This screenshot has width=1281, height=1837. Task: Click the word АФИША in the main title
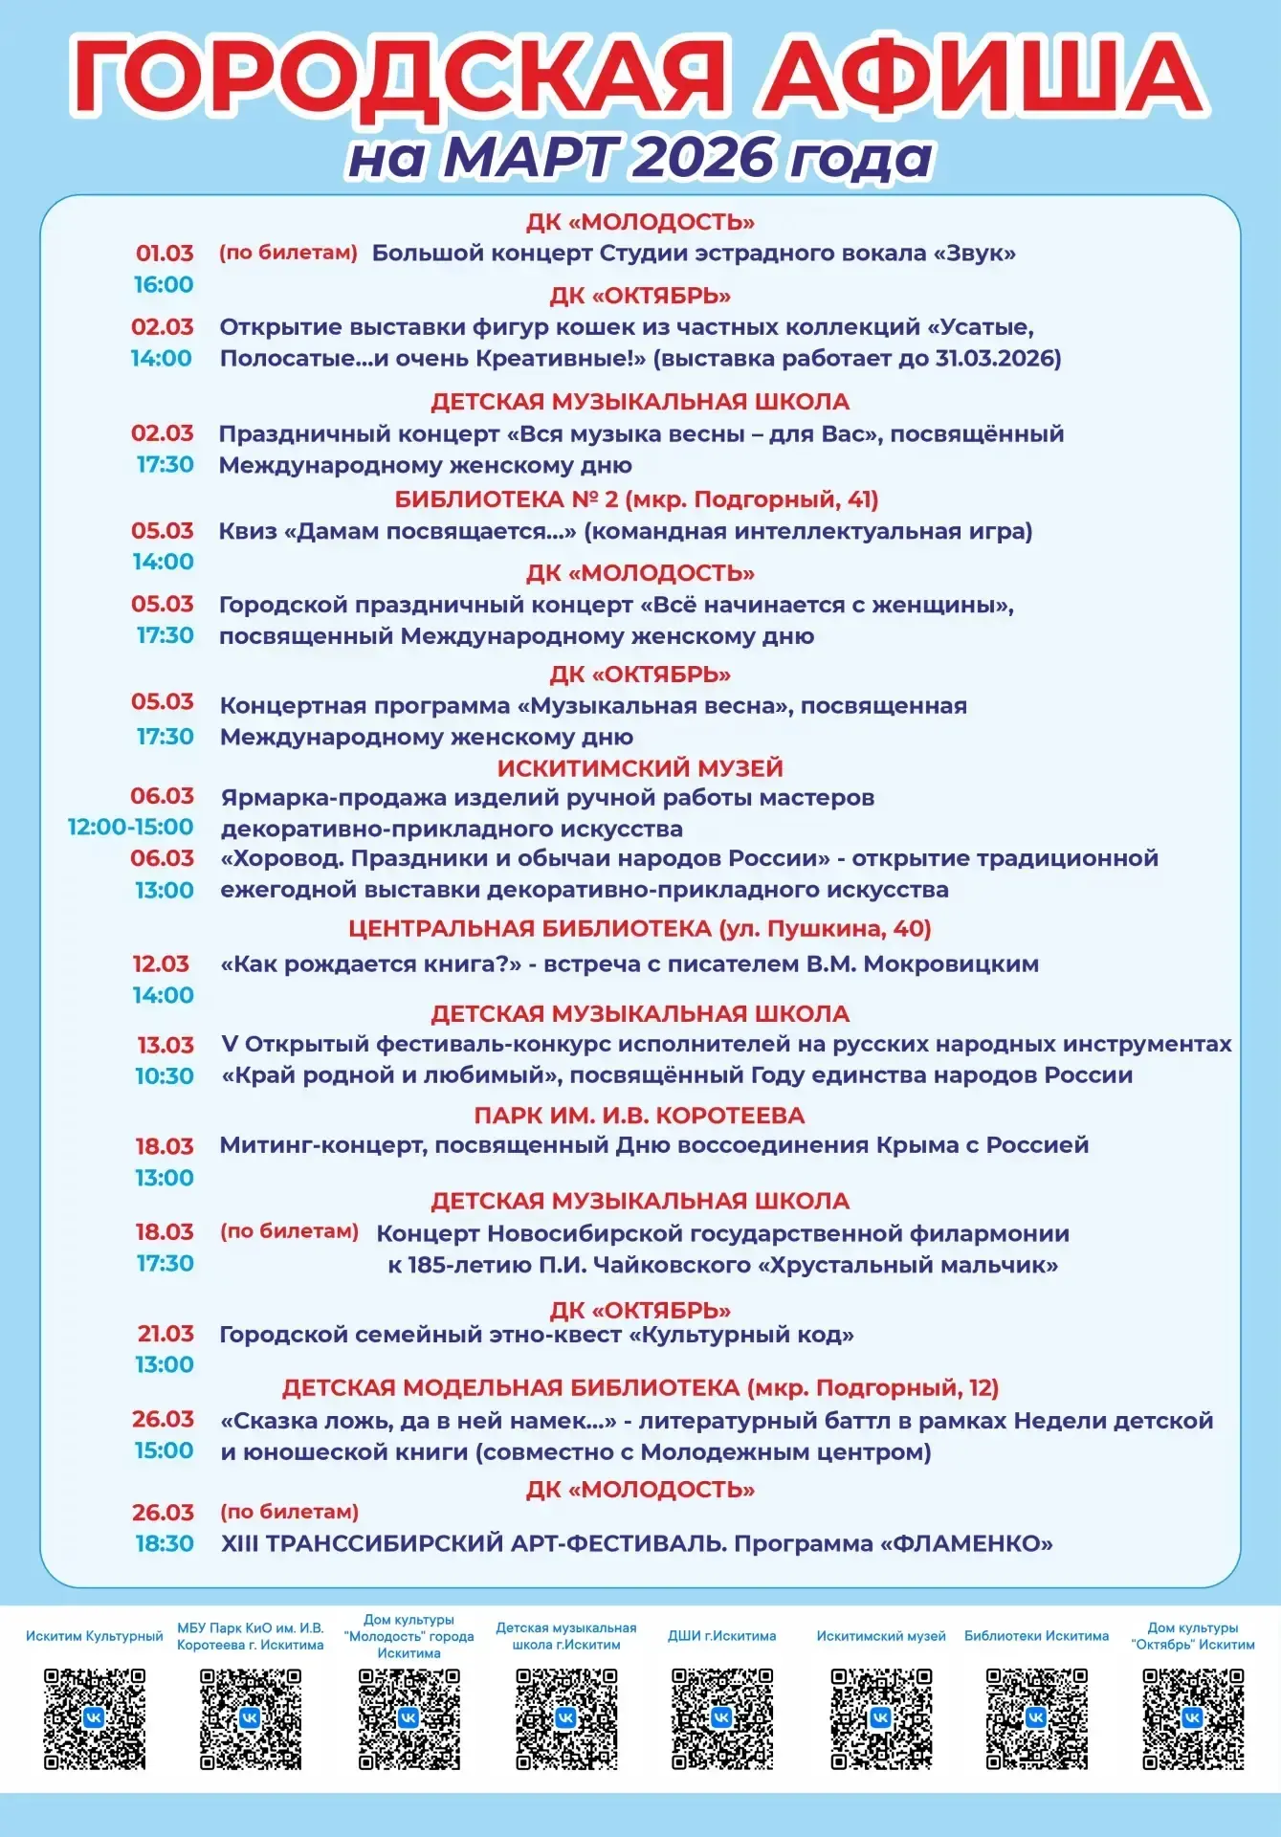980,77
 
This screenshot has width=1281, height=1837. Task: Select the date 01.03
165,254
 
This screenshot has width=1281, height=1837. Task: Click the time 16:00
164,285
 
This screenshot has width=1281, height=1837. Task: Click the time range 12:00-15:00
130,828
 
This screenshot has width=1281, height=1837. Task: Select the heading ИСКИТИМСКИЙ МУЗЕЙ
640,768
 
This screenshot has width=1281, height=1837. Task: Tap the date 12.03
161,964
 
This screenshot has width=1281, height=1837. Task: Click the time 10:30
165,1076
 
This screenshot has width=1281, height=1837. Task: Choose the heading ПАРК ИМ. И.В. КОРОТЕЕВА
639,1116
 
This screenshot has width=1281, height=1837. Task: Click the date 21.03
165,1334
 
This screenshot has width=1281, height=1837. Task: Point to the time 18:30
165,1544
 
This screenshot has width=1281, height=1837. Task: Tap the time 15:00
164,1450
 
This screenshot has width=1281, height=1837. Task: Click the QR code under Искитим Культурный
95,1719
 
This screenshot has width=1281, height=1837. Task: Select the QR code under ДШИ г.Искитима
722,1719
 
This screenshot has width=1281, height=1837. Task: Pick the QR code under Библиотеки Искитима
1037,1719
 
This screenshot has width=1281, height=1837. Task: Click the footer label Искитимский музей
881,1636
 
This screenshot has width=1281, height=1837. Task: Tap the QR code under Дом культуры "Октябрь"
1193,1719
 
